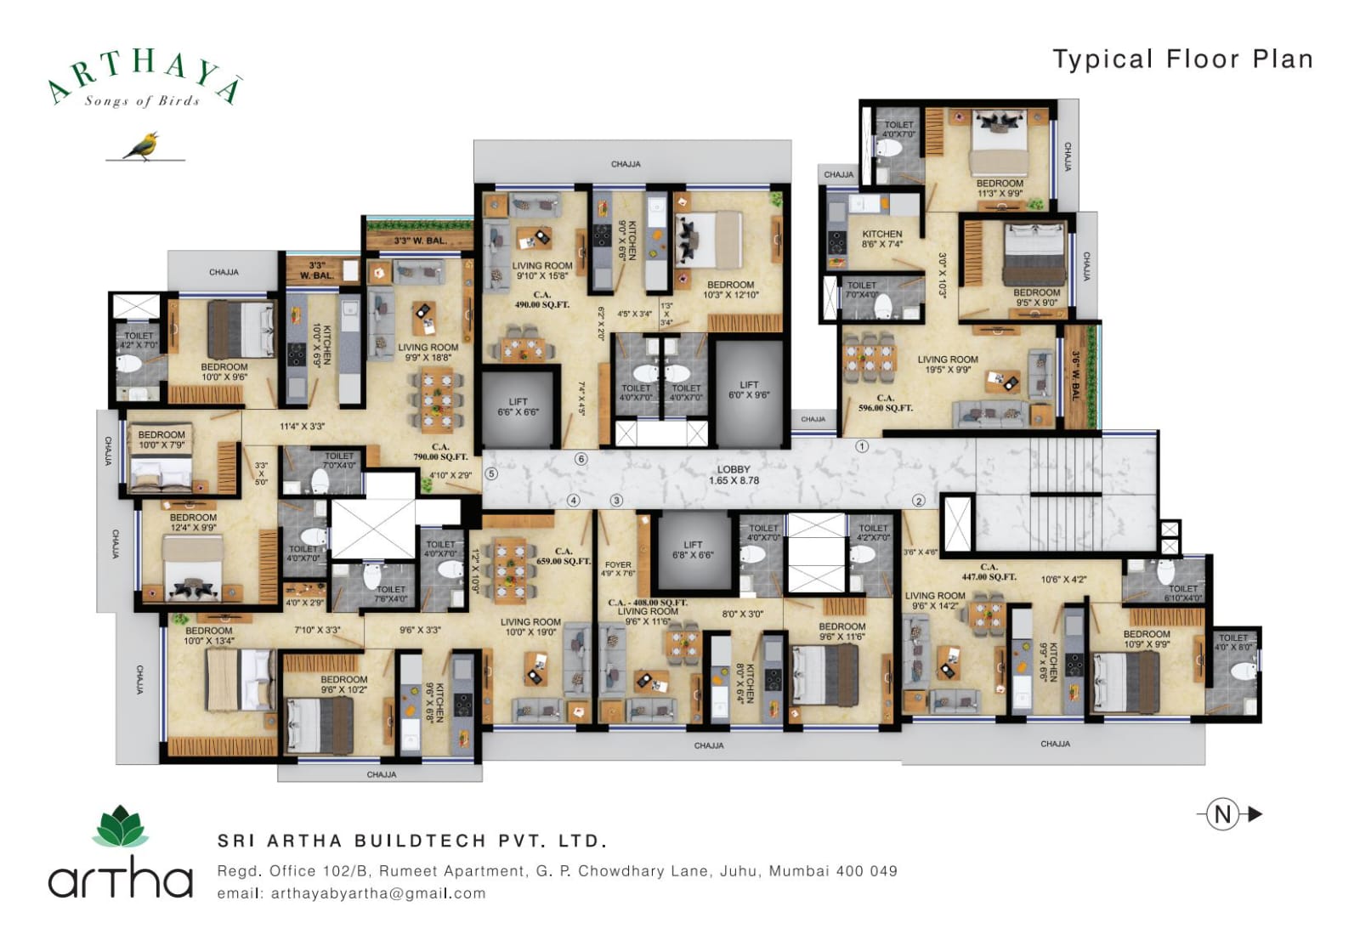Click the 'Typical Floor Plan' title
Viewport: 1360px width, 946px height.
pyautogui.click(x=1182, y=59)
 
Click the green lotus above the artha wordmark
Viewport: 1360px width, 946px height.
pyautogui.click(x=120, y=827)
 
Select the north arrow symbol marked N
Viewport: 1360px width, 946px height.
pyautogui.click(x=1224, y=814)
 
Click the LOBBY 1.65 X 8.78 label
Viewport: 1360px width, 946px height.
pyautogui.click(x=734, y=475)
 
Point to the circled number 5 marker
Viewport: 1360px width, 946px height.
pyautogui.click(x=491, y=474)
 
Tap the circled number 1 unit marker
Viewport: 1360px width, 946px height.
pyautogui.click(x=862, y=446)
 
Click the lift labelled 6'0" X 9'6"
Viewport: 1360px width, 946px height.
pyautogui.click(x=749, y=390)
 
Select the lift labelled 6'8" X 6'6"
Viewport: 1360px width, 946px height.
pyautogui.click(x=693, y=550)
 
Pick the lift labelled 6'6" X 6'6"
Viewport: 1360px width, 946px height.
pyautogui.click(x=518, y=407)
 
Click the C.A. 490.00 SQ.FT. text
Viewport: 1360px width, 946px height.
pyautogui.click(x=541, y=299)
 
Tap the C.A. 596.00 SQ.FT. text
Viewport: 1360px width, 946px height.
pyautogui.click(x=885, y=403)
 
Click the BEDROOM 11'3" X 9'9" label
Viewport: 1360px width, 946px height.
pyautogui.click(x=1000, y=188)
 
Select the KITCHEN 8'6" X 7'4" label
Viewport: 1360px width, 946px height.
pyautogui.click(x=882, y=239)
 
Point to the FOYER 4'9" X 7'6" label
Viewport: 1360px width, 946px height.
pyautogui.click(x=618, y=569)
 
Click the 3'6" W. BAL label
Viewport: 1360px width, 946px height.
pyautogui.click(x=1075, y=376)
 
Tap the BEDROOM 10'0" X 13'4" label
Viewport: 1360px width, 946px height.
pyautogui.click(x=208, y=636)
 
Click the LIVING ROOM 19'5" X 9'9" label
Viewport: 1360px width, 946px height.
pyautogui.click(x=947, y=365)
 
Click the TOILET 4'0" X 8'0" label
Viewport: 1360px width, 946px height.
pyautogui.click(x=1233, y=643)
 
